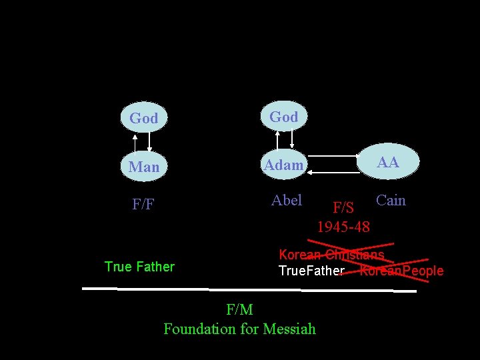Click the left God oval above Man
[x=143, y=118]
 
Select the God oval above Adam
[x=283, y=117]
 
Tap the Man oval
[x=144, y=167]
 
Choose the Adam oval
[x=283, y=165]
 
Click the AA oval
[x=389, y=163]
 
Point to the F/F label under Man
[x=143, y=204]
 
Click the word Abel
[x=287, y=200]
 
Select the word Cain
[x=391, y=200]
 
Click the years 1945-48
[x=343, y=227]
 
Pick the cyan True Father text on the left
[x=139, y=267]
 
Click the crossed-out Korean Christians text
[x=331, y=255]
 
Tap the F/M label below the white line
[x=239, y=309]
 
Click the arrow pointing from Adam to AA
[x=333, y=157]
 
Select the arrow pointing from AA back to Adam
[x=333, y=172]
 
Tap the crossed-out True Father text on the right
[x=311, y=271]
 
